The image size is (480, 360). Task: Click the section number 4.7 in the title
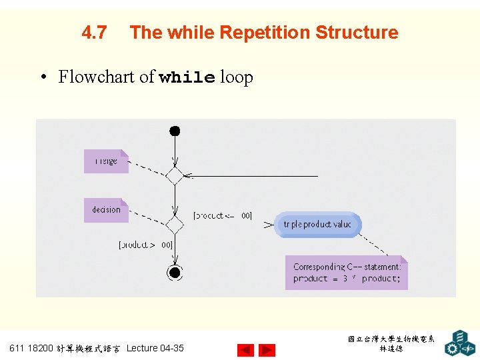pos(94,33)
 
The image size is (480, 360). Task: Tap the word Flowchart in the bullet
pos(97,77)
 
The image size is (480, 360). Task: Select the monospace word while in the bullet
pos(187,78)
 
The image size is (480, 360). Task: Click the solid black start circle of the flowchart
pos(175,131)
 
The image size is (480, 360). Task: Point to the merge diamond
pos(175,176)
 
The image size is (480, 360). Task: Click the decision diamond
pos(175,225)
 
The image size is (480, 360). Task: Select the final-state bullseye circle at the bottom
pos(175,273)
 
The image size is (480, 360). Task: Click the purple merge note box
pos(106,161)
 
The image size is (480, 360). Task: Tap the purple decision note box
pos(106,210)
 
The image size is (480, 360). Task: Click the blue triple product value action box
pos(318,225)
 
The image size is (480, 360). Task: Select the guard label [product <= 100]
pos(223,215)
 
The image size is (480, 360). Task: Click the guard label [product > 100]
pos(145,245)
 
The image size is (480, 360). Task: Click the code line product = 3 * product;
pos(347,279)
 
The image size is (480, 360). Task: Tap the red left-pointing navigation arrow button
pos(246,350)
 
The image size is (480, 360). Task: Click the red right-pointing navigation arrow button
pos(267,350)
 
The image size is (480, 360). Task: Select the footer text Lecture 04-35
pos(155,348)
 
